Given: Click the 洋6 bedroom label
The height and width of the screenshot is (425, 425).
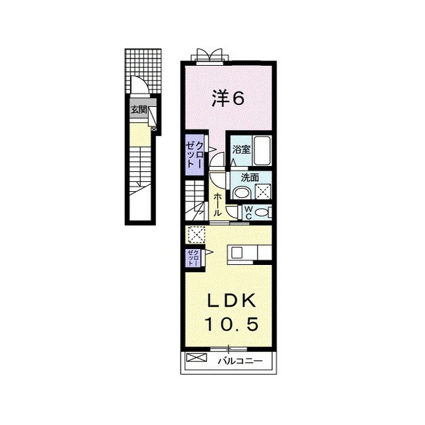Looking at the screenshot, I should (228, 98).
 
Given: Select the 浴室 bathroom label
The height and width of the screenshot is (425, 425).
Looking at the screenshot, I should (240, 150).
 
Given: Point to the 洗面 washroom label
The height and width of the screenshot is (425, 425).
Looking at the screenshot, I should (250, 177).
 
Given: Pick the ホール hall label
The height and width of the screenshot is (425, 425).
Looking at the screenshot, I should (217, 201).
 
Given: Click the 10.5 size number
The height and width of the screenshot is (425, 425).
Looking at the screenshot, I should (229, 325).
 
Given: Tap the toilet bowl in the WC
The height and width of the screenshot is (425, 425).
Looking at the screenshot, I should (262, 212).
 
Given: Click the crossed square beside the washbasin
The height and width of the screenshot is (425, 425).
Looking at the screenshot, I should (263, 193).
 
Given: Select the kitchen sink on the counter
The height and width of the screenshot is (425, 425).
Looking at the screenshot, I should (238, 252).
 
